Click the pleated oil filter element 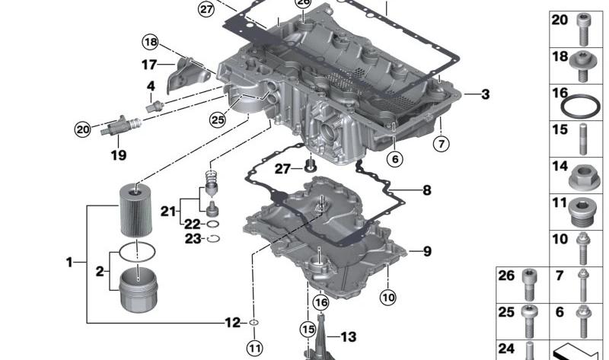[x=136, y=210]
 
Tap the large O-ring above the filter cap [x=137, y=252]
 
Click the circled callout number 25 [x=217, y=119]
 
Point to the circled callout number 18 [x=151, y=42]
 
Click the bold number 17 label [x=148, y=65]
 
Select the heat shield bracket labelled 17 [x=187, y=75]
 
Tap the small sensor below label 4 [x=155, y=106]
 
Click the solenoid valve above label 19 [x=120, y=126]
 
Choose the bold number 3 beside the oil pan [x=485, y=94]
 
